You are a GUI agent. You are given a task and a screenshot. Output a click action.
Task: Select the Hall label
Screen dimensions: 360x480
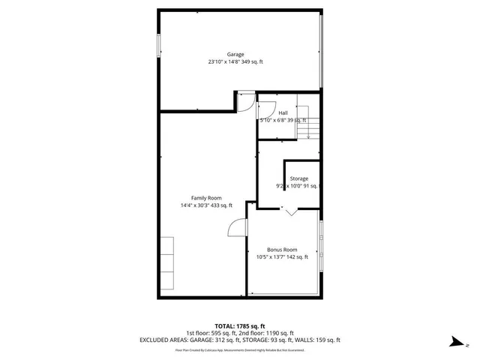(x=283, y=112)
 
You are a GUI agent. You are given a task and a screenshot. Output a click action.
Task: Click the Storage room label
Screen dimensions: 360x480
(x=299, y=178)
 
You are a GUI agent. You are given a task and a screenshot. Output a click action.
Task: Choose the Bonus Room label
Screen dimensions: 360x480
(x=282, y=250)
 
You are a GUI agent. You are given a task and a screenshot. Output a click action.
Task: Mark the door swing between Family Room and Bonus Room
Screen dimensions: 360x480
(x=237, y=227)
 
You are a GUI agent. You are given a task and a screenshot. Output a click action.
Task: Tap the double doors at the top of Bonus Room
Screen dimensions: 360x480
(x=290, y=213)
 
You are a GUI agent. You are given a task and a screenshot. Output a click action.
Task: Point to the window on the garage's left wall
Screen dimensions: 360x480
(x=158, y=45)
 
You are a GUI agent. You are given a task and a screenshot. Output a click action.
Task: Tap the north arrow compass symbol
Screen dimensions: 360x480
(x=456, y=342)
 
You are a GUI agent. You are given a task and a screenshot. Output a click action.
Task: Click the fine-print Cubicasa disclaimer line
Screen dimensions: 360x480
(x=239, y=349)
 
